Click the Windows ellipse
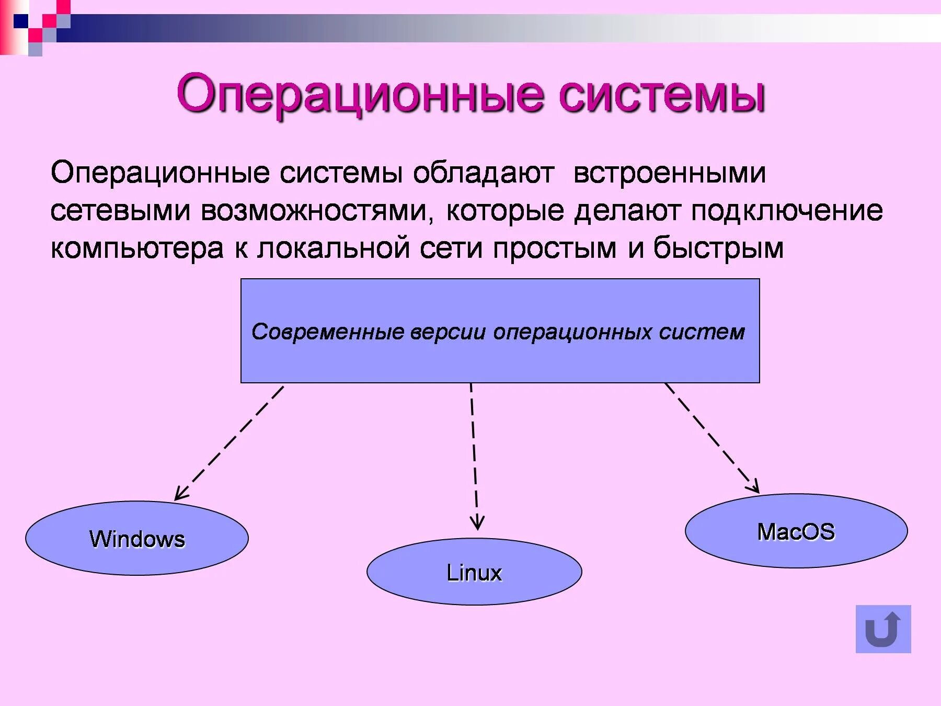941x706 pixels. [136, 538]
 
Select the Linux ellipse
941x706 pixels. [474, 572]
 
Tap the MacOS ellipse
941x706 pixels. [796, 531]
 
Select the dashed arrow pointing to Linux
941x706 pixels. [474, 455]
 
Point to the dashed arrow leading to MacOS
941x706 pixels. [712, 438]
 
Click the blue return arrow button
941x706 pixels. [883, 629]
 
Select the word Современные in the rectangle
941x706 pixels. [328, 332]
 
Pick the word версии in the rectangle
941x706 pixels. [448, 332]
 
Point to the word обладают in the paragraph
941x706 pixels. [484, 173]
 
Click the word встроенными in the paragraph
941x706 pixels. [669, 173]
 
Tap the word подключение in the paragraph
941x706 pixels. [787, 211]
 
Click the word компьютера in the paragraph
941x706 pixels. [137, 248]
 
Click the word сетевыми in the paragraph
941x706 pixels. [120, 211]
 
